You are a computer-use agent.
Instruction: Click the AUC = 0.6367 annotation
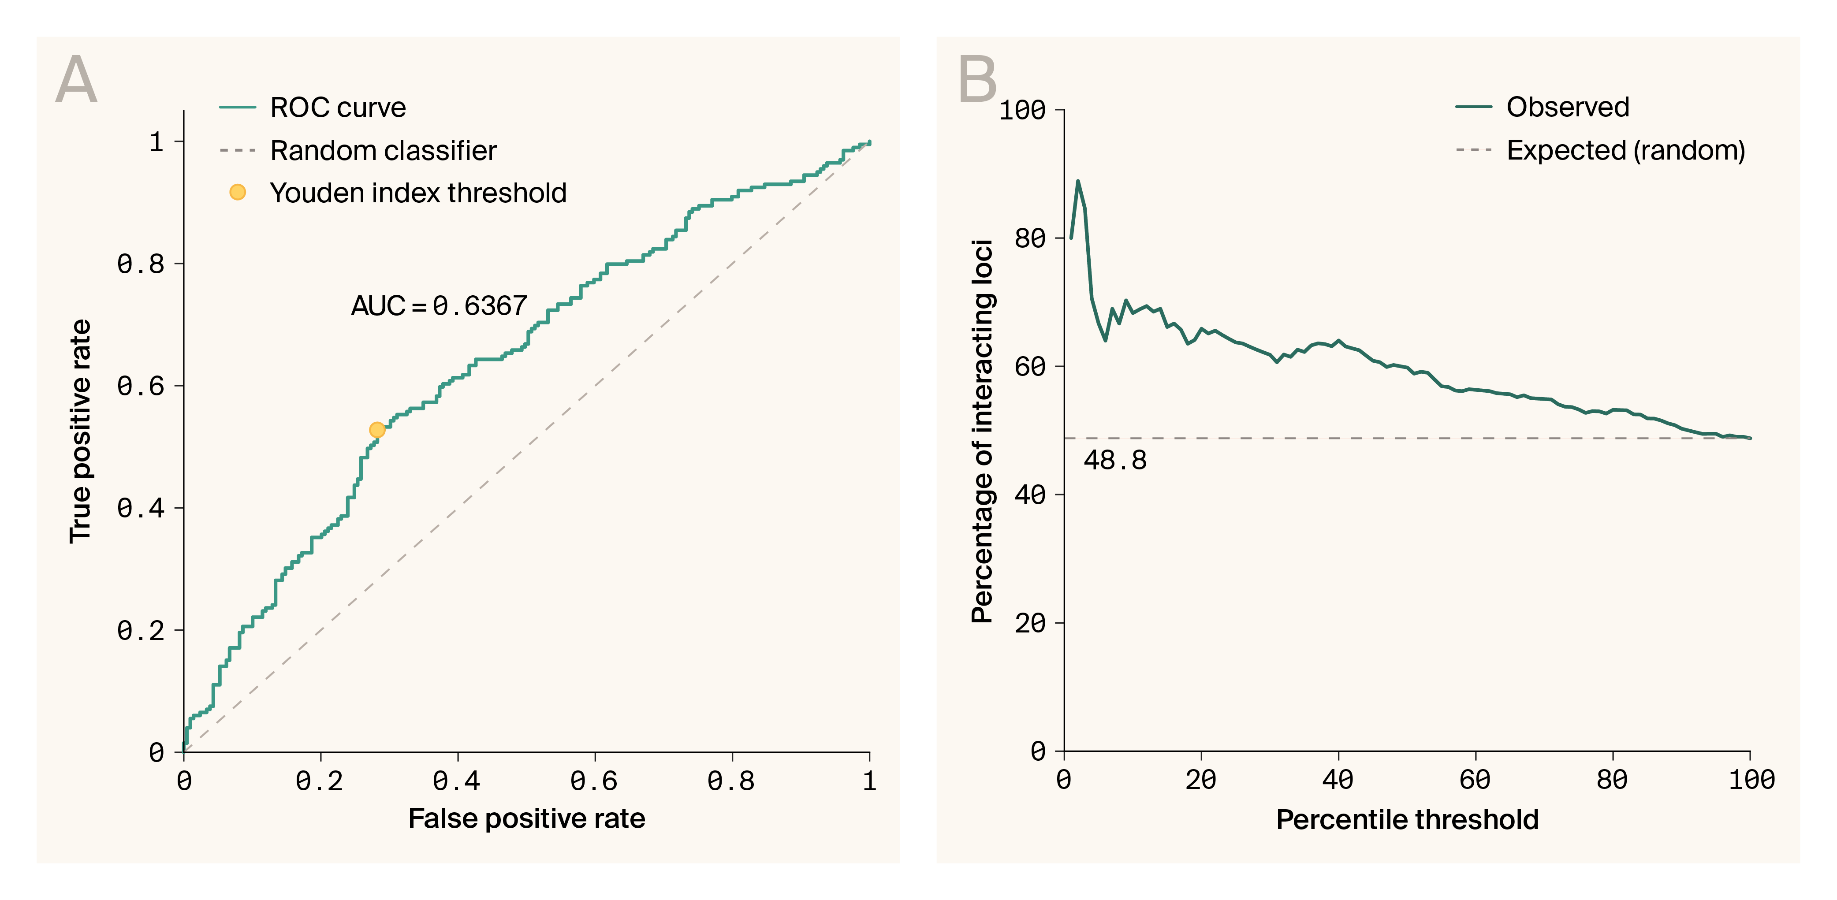tap(439, 306)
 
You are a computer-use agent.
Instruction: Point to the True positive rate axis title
tap(81, 431)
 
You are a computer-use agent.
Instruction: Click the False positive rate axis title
tap(526, 819)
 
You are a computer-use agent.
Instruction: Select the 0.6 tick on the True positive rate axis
tap(141, 386)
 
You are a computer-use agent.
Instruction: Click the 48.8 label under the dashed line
tap(1114, 461)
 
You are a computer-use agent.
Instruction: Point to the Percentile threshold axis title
tap(1407, 820)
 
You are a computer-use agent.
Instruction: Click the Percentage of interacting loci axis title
tap(982, 431)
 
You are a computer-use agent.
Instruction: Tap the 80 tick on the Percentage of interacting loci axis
tap(1030, 238)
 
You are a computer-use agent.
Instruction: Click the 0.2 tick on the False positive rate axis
tap(320, 781)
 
